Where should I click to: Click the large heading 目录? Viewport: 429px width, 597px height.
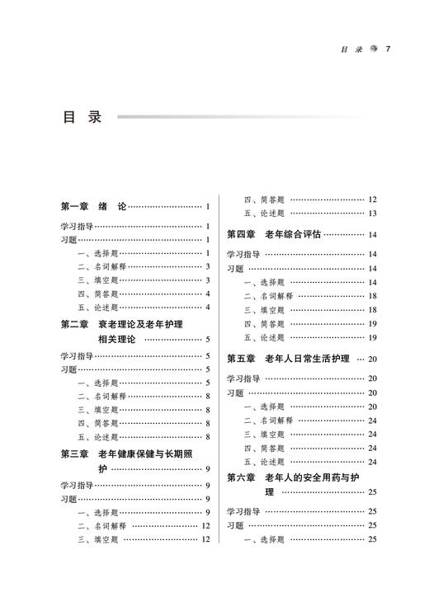(82, 118)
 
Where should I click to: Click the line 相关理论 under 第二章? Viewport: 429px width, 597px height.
(117, 338)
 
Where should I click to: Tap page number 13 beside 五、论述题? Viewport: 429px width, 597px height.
(373, 214)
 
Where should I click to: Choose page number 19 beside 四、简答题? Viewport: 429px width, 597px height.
(373, 324)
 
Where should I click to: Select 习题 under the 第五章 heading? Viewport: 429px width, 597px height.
(235, 393)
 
